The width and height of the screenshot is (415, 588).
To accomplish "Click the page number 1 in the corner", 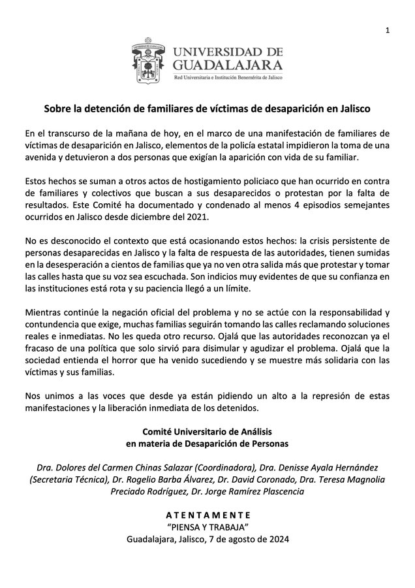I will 387,31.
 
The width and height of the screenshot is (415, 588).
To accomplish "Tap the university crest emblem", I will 149,63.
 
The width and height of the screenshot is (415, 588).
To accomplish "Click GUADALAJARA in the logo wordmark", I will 228,65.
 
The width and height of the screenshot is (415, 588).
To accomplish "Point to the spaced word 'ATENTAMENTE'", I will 207,514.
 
